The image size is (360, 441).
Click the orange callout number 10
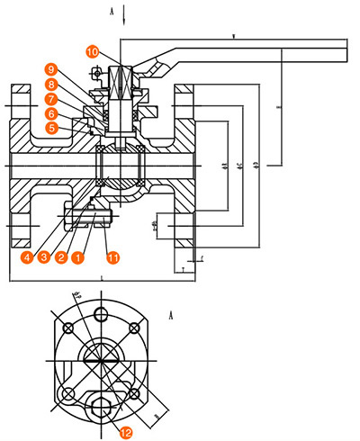point(94,52)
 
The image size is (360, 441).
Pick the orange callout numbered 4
point(30,257)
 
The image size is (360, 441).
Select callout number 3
point(45,257)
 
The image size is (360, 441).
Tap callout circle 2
point(60,257)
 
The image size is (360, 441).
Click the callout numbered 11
point(112,257)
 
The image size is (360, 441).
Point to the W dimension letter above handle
point(233,37)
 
